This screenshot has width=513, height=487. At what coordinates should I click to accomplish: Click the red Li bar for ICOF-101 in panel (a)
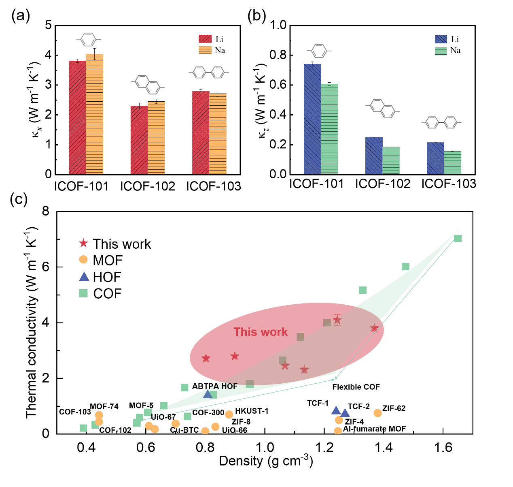tap(77, 117)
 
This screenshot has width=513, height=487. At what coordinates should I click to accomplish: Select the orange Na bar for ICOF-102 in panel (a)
tap(156, 138)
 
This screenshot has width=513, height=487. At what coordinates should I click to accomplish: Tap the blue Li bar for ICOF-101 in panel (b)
tap(312, 119)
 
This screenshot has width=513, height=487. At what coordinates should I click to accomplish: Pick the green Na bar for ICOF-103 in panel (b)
tap(452, 162)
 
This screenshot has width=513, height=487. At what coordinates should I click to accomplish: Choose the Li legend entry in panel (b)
tap(447, 39)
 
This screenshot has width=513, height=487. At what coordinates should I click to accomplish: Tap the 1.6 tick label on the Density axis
tap(443, 447)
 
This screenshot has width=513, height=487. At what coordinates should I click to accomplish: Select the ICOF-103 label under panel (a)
tap(214, 186)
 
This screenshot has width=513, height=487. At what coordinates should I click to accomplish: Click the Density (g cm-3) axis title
tap(266, 461)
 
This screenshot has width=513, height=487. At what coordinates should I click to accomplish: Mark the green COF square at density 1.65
tap(458, 239)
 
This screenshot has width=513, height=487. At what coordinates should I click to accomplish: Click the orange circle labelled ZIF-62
tap(377, 413)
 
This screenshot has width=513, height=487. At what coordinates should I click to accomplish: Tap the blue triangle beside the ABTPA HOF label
tap(208, 394)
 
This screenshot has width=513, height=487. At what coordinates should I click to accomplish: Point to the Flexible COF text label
tap(356, 387)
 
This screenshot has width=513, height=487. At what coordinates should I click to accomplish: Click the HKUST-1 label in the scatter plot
tap(252, 411)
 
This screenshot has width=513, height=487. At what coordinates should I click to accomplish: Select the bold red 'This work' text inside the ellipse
tap(261, 332)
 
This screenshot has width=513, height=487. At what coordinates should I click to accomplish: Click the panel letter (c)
tap(19, 199)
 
